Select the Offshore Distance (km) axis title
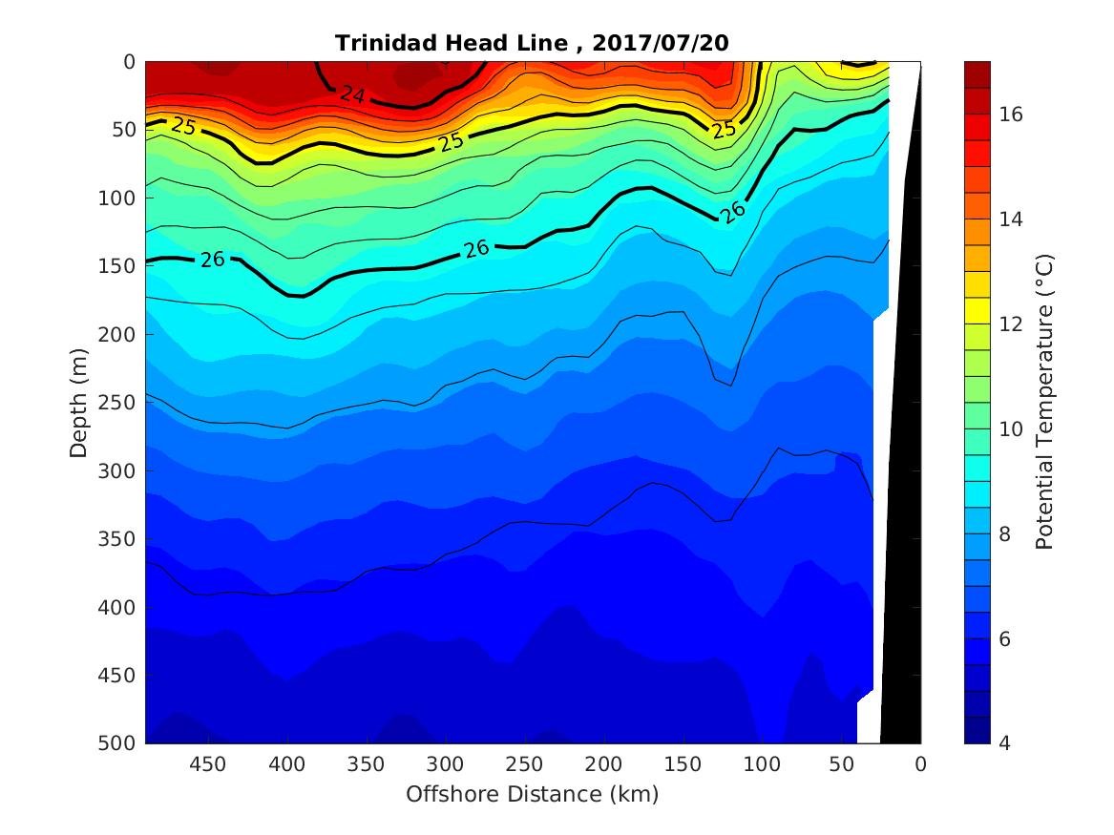(x=532, y=794)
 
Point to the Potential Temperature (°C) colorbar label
(x=1044, y=402)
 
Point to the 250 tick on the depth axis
(x=119, y=403)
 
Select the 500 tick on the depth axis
(x=119, y=743)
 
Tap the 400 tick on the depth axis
(x=119, y=607)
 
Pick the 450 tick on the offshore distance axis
(x=207, y=764)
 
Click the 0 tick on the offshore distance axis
(x=920, y=764)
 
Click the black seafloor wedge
(x=903, y=477)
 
